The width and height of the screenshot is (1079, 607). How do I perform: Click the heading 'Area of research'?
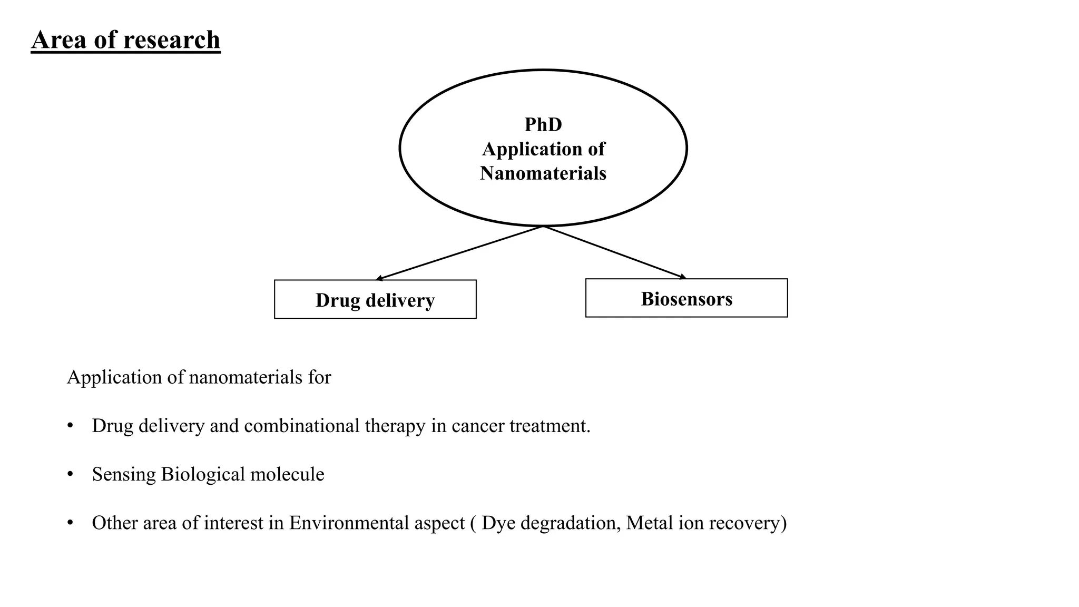tap(125, 40)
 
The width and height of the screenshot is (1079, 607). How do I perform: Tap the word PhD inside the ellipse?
tap(543, 125)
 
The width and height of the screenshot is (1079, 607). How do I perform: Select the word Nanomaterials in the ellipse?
tap(543, 173)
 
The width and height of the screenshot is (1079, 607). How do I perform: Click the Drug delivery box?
tap(375, 299)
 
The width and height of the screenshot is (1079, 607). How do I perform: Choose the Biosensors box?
tap(686, 298)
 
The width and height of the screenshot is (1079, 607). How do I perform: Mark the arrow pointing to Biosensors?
tap(614, 252)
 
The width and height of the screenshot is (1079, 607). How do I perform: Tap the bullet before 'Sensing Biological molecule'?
tap(70, 474)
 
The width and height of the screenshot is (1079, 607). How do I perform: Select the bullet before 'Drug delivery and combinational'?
tap(70, 426)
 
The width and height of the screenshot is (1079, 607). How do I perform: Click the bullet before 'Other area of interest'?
tap(70, 523)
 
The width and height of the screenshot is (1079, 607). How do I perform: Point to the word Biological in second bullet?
tap(203, 474)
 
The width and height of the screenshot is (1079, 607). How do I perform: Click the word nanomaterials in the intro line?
tap(245, 377)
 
